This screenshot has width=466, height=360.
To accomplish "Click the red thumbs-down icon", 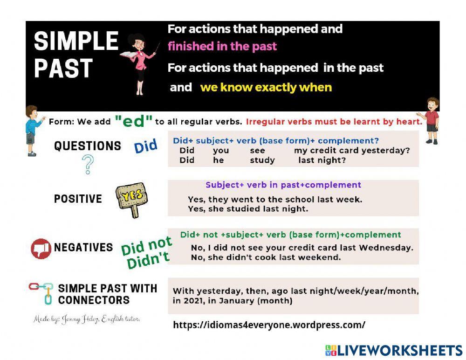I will click(x=41, y=249).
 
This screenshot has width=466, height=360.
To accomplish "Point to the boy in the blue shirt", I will click(x=31, y=130).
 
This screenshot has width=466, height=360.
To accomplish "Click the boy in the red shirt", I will click(x=432, y=120).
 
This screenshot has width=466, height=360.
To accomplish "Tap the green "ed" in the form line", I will click(x=134, y=121).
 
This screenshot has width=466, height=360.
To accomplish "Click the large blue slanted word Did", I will click(x=146, y=146).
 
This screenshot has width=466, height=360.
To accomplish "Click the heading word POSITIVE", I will click(x=78, y=199).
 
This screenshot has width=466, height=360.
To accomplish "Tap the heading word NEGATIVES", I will click(x=83, y=247).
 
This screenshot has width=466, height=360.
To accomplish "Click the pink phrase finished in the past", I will click(x=222, y=46).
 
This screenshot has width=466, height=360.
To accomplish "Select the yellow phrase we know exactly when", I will click(x=266, y=87).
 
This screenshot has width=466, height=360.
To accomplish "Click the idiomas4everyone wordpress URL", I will click(x=269, y=325).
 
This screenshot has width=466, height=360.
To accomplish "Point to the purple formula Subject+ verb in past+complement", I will click(x=283, y=185).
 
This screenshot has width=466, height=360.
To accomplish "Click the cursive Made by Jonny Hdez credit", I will click(x=87, y=319).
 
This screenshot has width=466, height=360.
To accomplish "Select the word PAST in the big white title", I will click(x=63, y=68).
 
